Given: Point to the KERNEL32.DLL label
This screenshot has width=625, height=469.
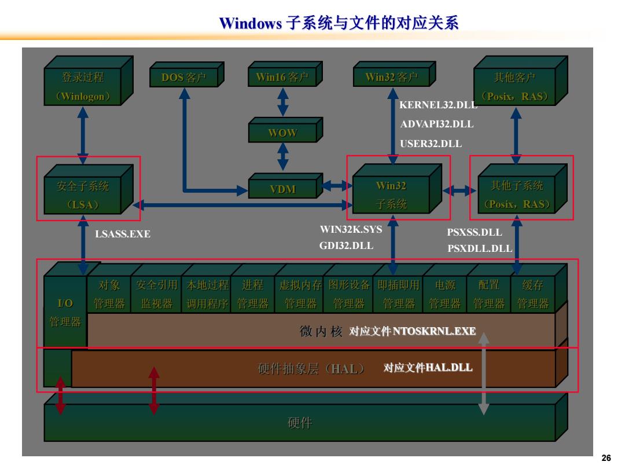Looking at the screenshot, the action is (438, 105).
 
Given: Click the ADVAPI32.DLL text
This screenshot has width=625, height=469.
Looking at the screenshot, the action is (437, 124).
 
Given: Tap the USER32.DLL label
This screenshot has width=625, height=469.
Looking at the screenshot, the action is (431, 144).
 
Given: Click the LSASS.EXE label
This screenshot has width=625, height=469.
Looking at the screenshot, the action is (123, 234).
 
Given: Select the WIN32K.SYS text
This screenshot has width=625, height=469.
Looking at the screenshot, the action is (351, 229).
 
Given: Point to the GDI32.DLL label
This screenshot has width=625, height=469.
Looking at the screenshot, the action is (346, 246).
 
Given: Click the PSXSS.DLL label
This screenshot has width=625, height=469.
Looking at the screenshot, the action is (475, 232).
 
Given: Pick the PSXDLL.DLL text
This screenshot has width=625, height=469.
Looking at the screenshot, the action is (480, 248).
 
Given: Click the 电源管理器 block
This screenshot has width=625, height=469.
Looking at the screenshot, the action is (445, 294).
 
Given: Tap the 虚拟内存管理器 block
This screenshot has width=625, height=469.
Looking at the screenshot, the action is (300, 294).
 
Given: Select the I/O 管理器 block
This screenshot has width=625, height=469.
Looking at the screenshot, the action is (65, 312).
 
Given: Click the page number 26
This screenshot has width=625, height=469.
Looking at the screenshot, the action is (606, 458).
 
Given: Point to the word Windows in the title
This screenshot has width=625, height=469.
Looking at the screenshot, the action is (251, 23).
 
